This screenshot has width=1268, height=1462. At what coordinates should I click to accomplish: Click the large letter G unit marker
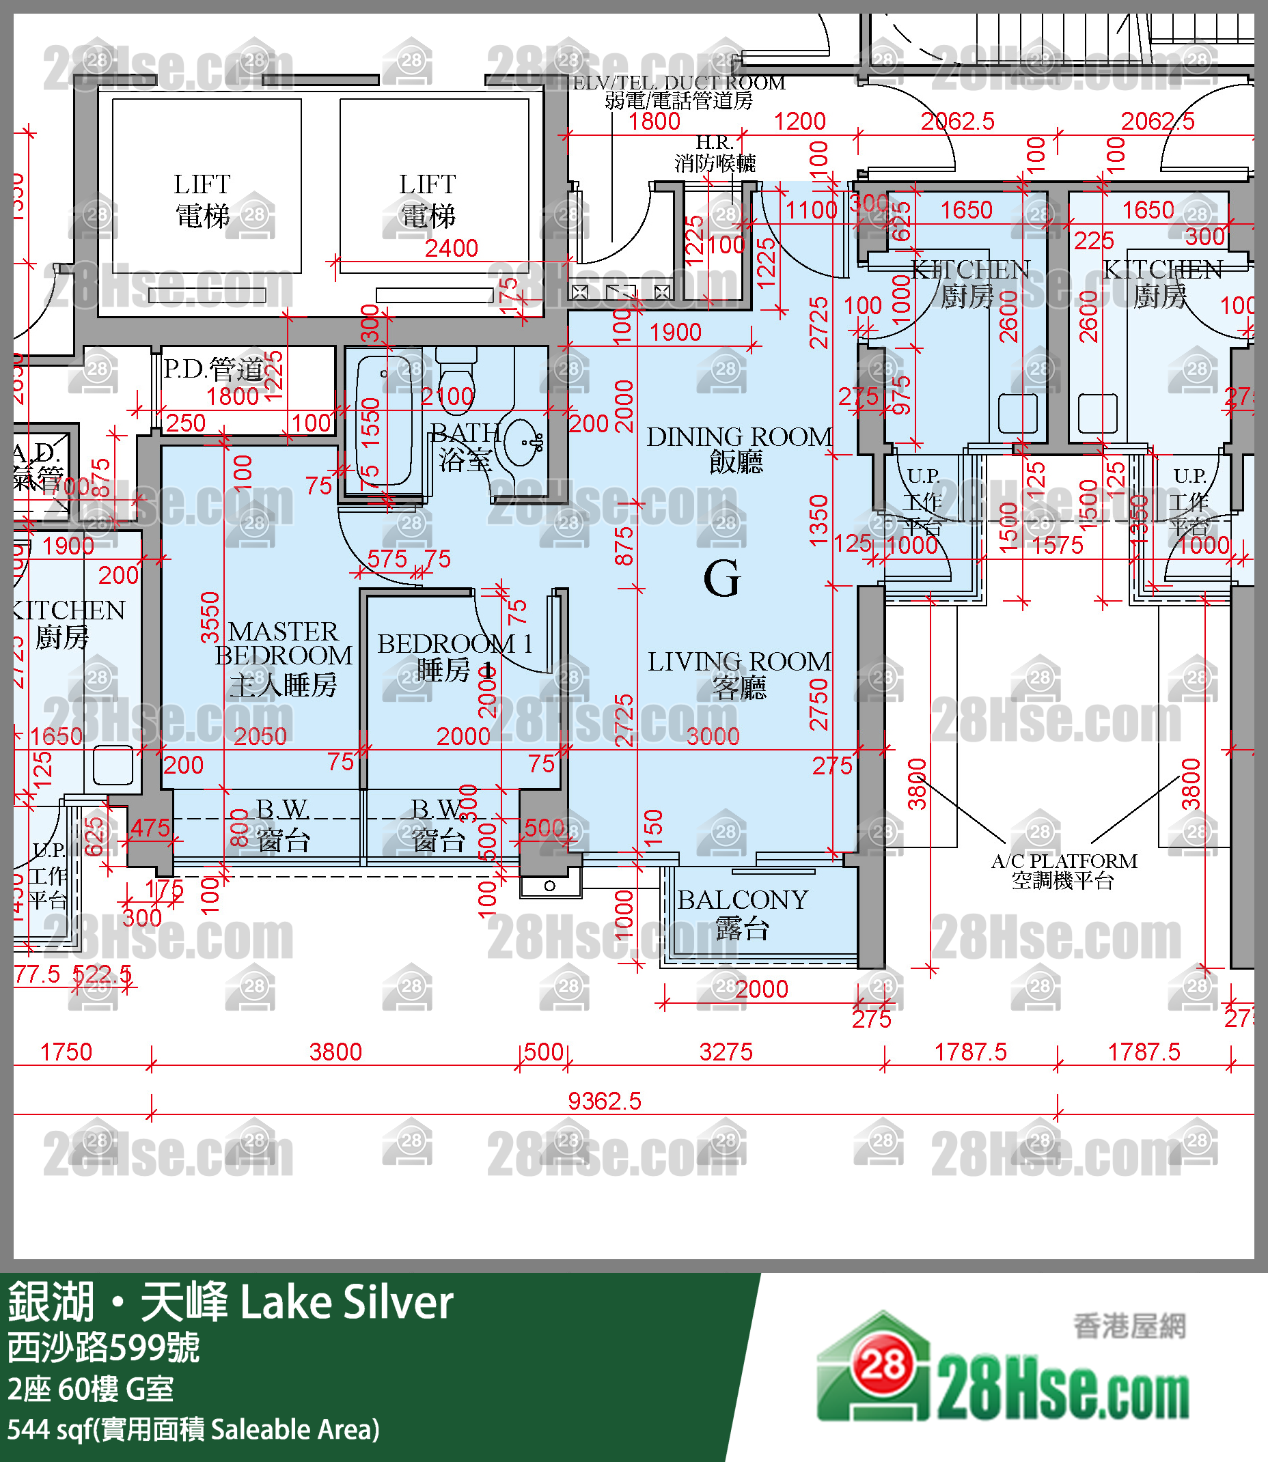721,578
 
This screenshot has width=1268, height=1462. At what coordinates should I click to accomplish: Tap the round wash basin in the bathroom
523,442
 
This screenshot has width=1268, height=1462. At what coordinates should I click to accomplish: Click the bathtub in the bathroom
385,420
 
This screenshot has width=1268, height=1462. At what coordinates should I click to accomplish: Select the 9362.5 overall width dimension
604,1101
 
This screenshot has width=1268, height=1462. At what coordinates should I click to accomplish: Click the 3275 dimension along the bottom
726,1051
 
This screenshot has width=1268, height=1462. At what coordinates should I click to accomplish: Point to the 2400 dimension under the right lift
452,249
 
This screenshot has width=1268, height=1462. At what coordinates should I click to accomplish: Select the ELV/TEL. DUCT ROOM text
678,83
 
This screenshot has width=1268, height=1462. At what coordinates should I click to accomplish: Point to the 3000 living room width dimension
713,736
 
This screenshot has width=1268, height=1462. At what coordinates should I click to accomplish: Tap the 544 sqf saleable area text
193,1429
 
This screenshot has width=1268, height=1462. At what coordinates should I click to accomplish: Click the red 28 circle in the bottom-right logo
883,1364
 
